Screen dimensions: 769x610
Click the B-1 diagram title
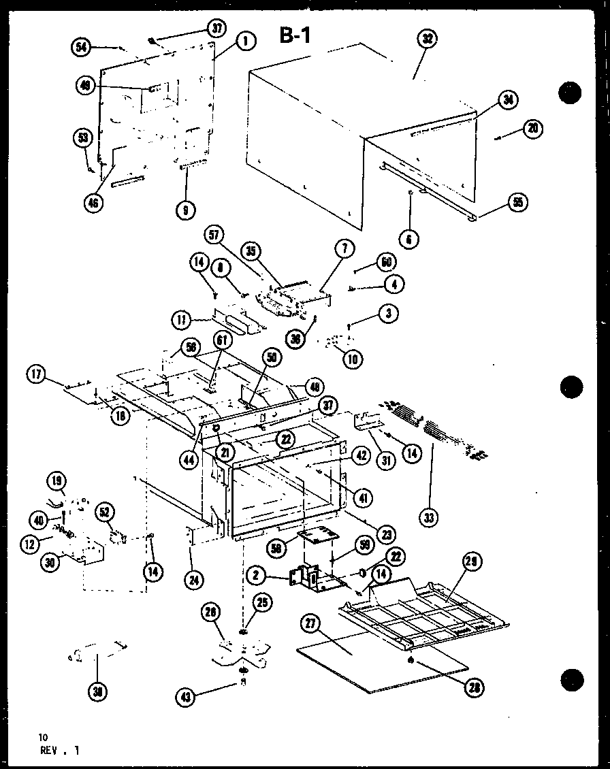[x=295, y=35]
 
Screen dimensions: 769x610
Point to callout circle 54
[x=81, y=46]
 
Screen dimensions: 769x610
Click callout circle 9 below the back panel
[x=184, y=210]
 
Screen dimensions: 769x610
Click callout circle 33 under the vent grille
[x=429, y=519]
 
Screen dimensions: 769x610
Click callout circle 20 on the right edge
[x=533, y=129]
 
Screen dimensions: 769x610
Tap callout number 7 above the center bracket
[x=344, y=250]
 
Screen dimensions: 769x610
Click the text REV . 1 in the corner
[x=60, y=751]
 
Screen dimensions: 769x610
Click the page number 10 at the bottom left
[x=44, y=737]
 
